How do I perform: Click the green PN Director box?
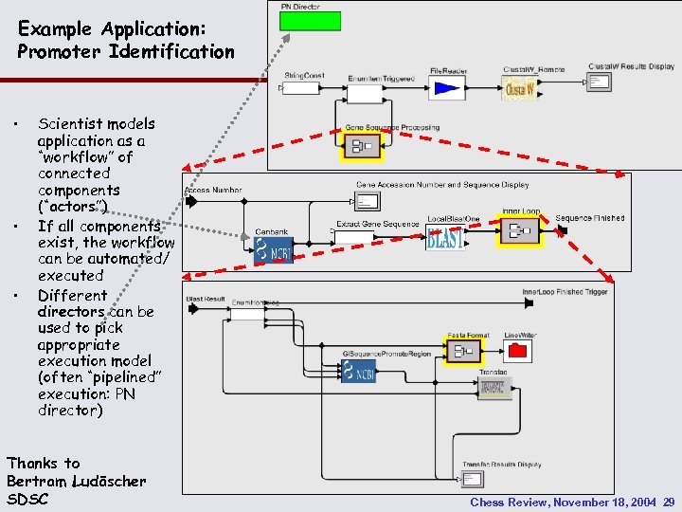(310, 21)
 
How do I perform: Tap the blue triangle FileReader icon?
(446, 89)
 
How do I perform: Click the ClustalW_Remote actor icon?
(519, 88)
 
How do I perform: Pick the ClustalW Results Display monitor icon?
(599, 82)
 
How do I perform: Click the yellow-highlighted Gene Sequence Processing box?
(360, 145)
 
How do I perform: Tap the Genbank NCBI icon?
(274, 249)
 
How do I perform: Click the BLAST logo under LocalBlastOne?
(444, 238)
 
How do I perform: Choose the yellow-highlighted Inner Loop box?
(519, 231)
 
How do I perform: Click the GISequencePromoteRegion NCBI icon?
(365, 373)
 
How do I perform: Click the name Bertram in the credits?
(34, 481)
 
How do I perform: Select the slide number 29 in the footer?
(669, 502)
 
